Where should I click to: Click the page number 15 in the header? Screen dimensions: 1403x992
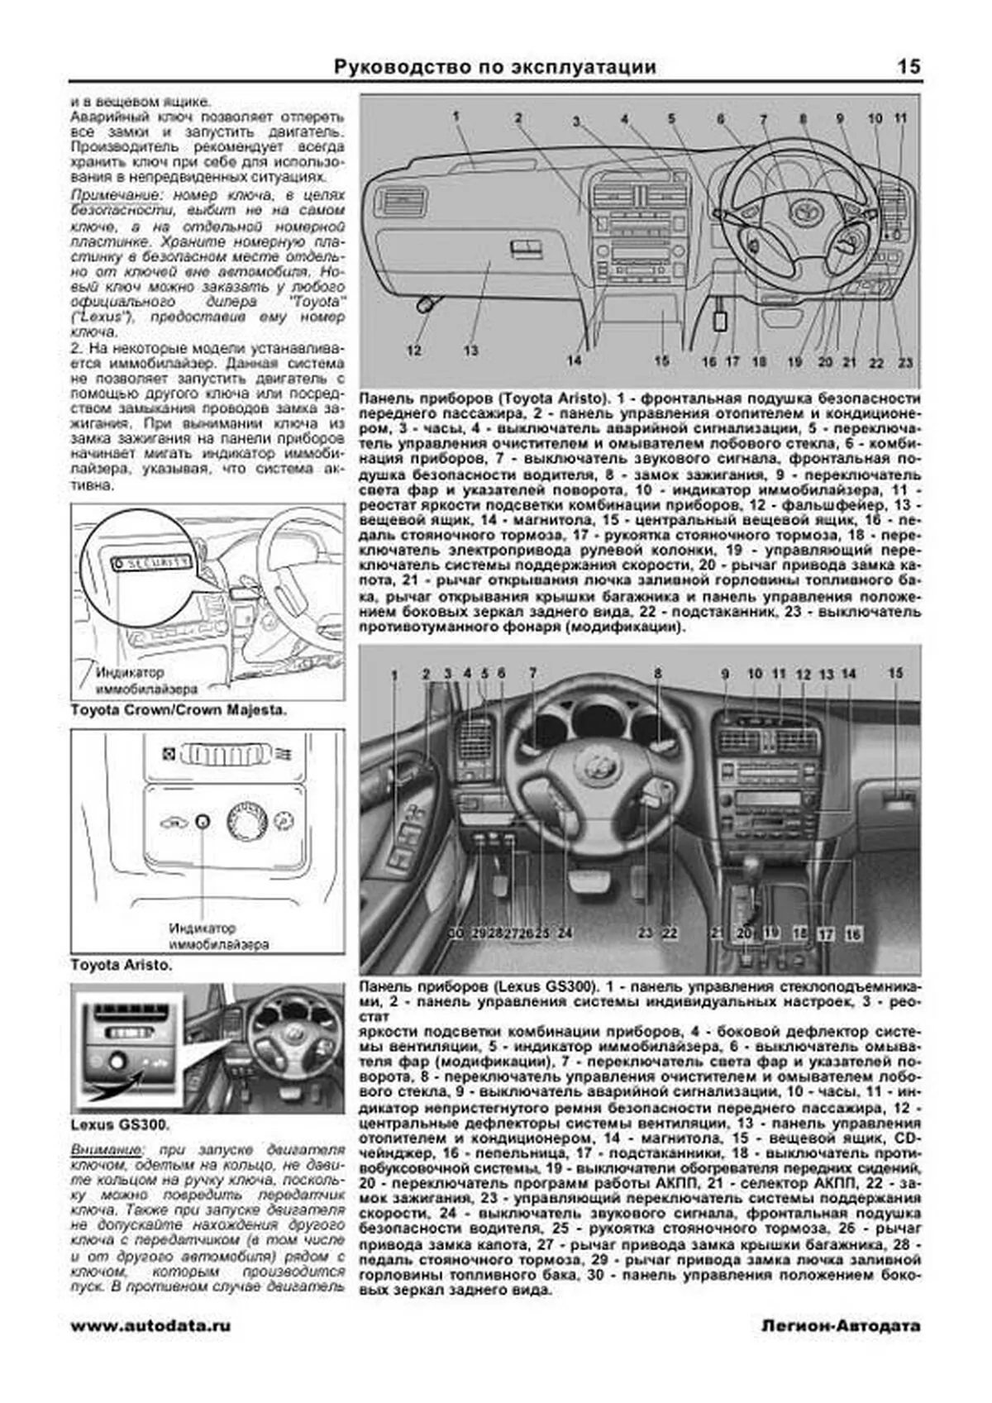tap(908, 67)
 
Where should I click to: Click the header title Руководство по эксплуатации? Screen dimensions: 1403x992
tap(495, 67)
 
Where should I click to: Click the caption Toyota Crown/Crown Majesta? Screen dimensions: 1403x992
tap(179, 709)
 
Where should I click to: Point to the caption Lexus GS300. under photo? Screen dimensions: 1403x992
tap(120, 1125)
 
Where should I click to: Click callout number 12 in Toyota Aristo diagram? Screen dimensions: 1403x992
tap(414, 350)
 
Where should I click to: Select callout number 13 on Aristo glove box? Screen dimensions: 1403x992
tap(470, 350)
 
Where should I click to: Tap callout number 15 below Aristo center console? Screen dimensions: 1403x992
tap(661, 360)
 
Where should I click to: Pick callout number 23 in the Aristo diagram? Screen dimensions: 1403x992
tap(905, 362)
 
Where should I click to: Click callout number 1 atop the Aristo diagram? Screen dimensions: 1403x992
tap(455, 117)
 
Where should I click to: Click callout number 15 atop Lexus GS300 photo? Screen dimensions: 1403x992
tap(896, 674)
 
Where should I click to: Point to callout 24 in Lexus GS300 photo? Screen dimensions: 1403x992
tap(565, 933)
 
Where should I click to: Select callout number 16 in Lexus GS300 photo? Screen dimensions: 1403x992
tap(852, 934)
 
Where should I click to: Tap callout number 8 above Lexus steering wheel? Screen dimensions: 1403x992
tap(658, 674)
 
